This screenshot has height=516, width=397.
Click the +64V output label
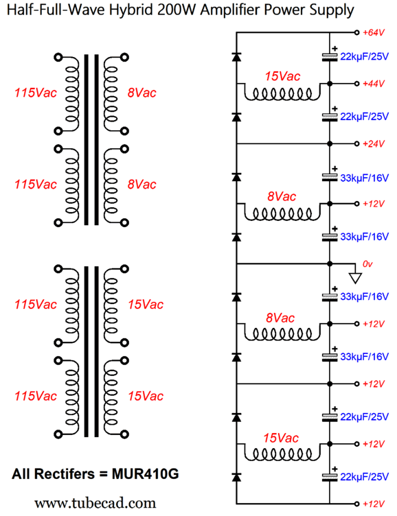[374, 32]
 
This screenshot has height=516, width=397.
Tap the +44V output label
[374, 84]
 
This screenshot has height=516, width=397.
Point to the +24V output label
[374, 144]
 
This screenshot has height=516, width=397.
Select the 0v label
[367, 264]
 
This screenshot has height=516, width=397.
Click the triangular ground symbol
[355, 278]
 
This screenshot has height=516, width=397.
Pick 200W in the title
[177, 10]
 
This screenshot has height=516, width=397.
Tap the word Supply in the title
[332, 10]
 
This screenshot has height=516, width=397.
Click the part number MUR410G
[146, 474]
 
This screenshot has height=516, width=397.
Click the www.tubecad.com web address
[95, 503]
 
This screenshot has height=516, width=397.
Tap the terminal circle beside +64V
[356, 32]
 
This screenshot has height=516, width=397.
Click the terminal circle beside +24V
[356, 144]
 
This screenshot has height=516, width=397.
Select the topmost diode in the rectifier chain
[236, 56]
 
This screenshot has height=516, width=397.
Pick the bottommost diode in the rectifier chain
[236, 477]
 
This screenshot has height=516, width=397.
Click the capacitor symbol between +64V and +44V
[330, 57]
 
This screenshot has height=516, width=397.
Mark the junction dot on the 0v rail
[330, 264]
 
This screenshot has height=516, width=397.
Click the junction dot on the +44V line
[330, 84]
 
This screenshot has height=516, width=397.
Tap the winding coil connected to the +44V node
[282, 94]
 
